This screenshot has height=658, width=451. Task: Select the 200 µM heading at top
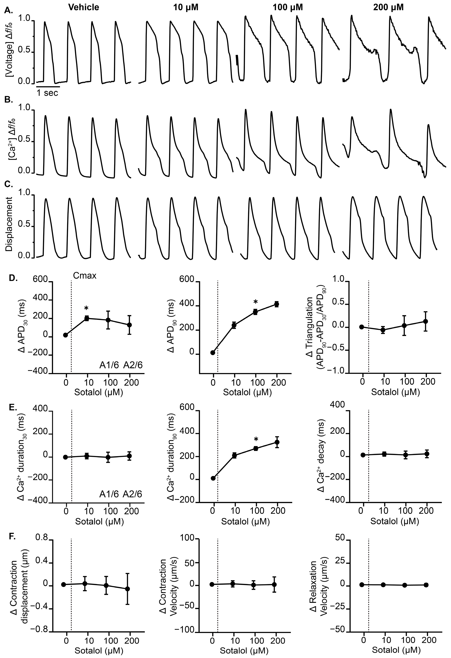coord(388,8)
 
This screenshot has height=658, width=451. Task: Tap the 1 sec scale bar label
coord(47,93)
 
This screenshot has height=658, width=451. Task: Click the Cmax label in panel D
coord(85,276)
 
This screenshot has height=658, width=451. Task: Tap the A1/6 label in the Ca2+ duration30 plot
coord(109,494)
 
